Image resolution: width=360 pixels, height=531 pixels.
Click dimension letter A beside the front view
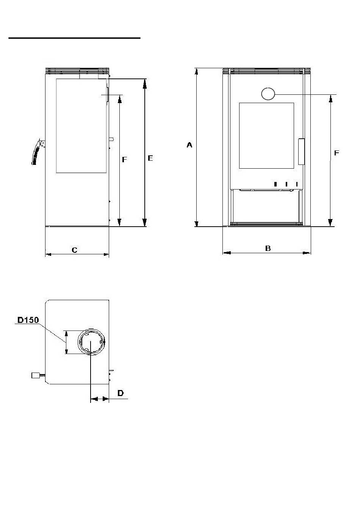[189, 145]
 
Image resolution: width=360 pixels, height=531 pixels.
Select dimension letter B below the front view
[268, 248]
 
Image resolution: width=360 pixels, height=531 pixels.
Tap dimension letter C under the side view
[74, 250]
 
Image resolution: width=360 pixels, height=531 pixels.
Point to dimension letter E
[150, 158]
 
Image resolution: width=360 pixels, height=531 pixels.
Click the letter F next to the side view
[124, 160]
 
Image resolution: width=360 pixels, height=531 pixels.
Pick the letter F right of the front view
[337, 153]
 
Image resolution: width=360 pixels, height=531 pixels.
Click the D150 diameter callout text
[28, 320]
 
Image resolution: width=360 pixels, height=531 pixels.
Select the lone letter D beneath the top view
[121, 393]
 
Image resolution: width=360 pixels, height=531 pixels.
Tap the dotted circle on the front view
[268, 94]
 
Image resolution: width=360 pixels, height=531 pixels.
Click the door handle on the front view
[301, 152]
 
